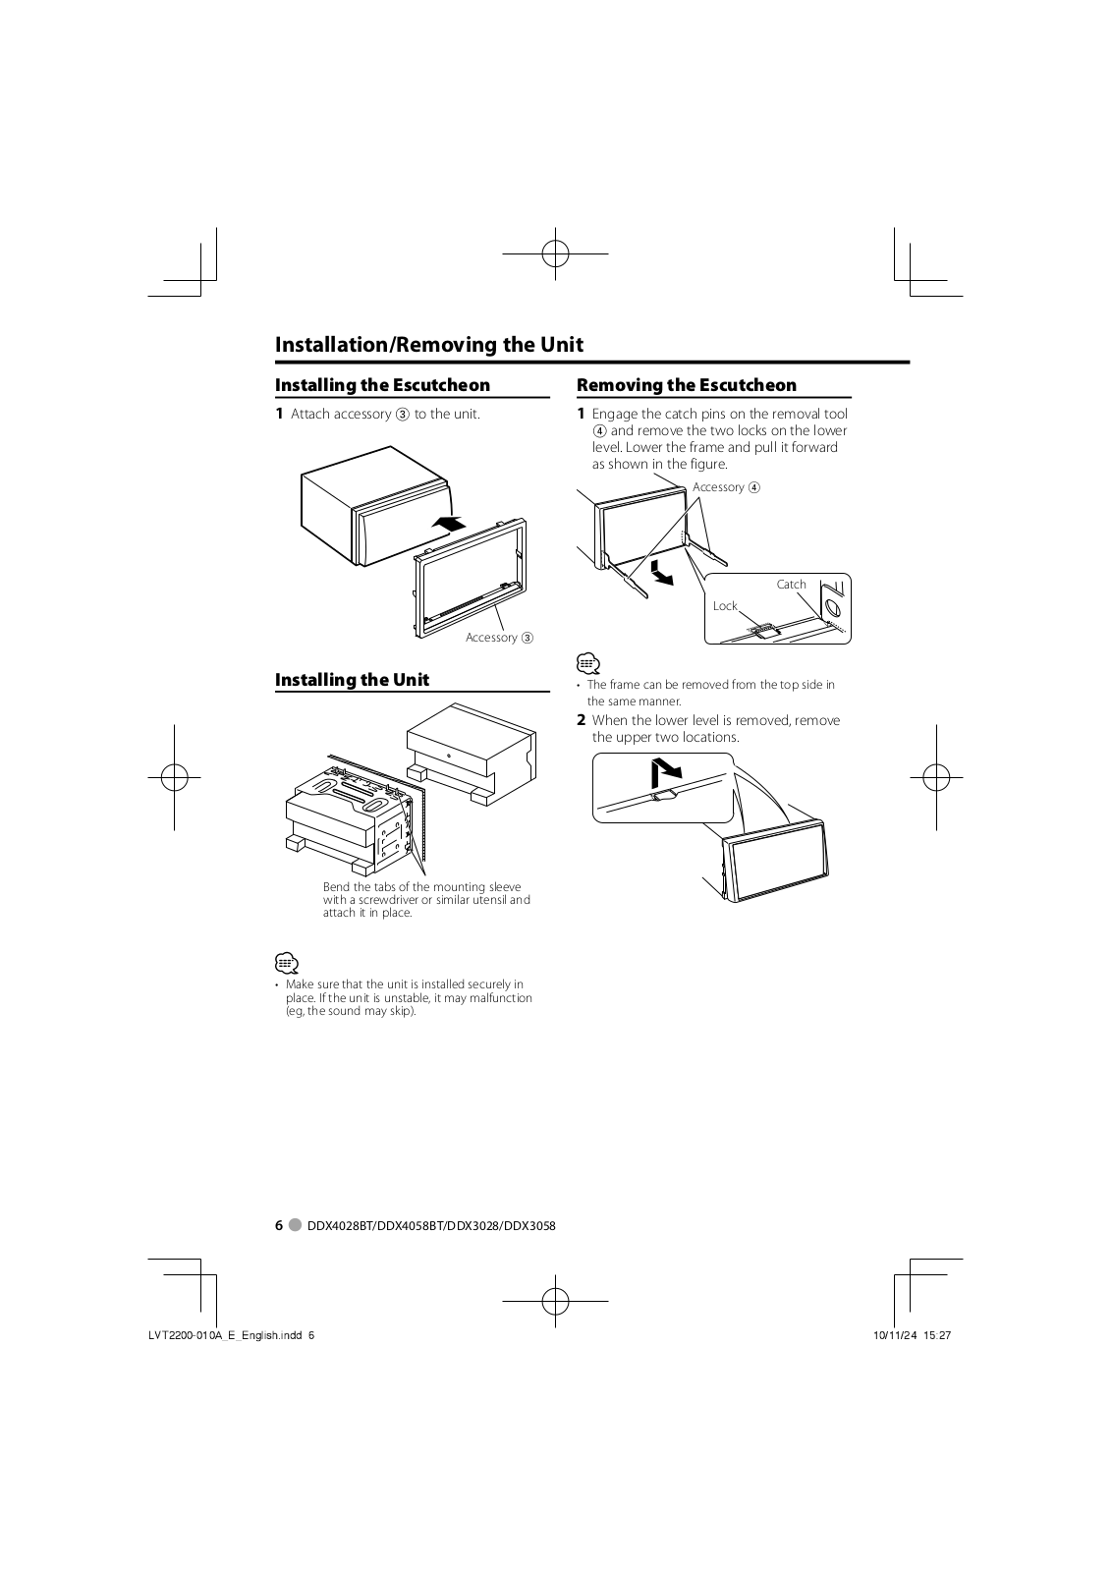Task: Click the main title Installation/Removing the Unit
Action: pyautogui.click(x=428, y=345)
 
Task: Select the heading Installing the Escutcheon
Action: pyautogui.click(x=382, y=385)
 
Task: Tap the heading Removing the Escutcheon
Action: pyautogui.click(x=686, y=385)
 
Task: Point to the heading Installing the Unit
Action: pyautogui.click(x=352, y=680)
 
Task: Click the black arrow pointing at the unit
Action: pyautogui.click(x=448, y=525)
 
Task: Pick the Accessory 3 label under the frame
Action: pyautogui.click(x=499, y=638)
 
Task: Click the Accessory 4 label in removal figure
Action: pyautogui.click(x=726, y=487)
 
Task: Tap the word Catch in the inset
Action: pyautogui.click(x=791, y=585)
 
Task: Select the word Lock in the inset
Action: pyautogui.click(x=725, y=606)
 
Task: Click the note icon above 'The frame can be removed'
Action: pyautogui.click(x=587, y=663)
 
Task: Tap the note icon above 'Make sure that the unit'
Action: pyautogui.click(x=286, y=963)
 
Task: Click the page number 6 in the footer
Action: pyautogui.click(x=279, y=1225)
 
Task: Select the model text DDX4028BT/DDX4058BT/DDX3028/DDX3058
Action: pyautogui.click(x=431, y=1225)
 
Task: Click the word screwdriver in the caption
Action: pyautogui.click(x=385, y=900)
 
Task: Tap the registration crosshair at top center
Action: pyautogui.click(x=555, y=253)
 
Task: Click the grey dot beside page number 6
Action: pyautogui.click(x=296, y=1225)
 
